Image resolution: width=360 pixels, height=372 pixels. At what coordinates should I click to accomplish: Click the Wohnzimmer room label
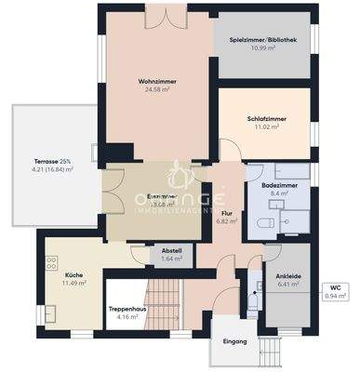click(x=157, y=82)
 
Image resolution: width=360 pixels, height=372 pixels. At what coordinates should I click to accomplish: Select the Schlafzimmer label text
click(x=266, y=118)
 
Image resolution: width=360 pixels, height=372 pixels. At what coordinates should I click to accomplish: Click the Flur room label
click(x=227, y=212)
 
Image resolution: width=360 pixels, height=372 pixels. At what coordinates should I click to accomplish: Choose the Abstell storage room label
click(x=171, y=250)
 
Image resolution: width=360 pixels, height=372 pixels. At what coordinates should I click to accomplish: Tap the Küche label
click(x=74, y=275)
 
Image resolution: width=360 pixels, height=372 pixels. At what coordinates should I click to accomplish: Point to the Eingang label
click(x=235, y=341)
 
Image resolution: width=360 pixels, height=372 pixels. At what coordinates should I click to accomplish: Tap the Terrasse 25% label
click(x=51, y=161)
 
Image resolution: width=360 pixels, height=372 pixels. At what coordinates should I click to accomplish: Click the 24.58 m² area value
click(x=157, y=90)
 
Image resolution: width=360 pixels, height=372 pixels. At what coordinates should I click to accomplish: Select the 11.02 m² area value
click(x=266, y=126)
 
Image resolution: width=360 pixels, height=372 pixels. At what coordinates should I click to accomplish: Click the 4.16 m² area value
click(x=124, y=318)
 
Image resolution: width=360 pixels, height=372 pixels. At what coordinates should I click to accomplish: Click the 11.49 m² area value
click(x=74, y=284)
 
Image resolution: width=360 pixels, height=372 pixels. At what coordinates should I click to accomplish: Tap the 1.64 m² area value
click(x=171, y=259)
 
